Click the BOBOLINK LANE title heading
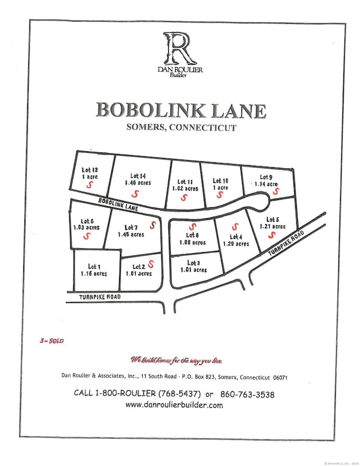(181, 110)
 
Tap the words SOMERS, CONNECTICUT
(181, 127)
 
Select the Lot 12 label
(90, 170)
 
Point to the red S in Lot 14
(135, 193)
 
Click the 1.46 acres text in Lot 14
(137, 182)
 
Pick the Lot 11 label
(185, 181)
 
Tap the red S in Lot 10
(220, 195)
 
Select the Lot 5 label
(272, 219)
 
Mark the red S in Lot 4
(234, 227)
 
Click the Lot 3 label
(193, 263)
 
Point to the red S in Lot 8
(193, 227)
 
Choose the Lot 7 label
(131, 227)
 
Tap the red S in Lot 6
(86, 235)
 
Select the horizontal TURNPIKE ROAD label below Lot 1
(92, 297)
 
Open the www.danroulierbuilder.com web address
(174, 405)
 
